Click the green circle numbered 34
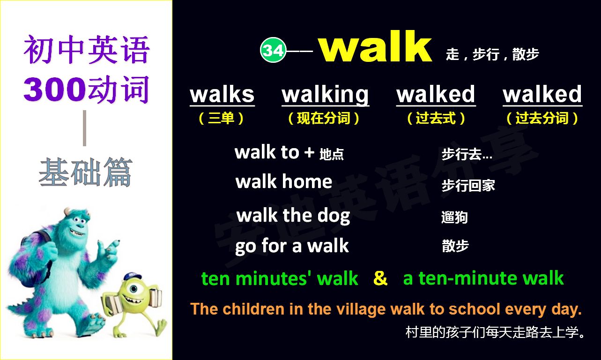coord(273,50)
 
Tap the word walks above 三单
coord(222,94)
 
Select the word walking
coord(325,95)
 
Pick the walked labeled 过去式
coord(436,94)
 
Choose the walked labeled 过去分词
coord(542,94)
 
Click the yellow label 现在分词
coord(324,118)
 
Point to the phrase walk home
coord(284,182)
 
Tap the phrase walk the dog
coord(293,216)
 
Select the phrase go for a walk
coord(292,246)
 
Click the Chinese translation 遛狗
coord(454,217)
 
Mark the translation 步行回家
coord(468,186)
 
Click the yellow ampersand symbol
coord(380,278)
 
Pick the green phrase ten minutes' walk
coord(280,279)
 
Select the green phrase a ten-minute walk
coord(483,279)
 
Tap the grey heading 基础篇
coord(85,172)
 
